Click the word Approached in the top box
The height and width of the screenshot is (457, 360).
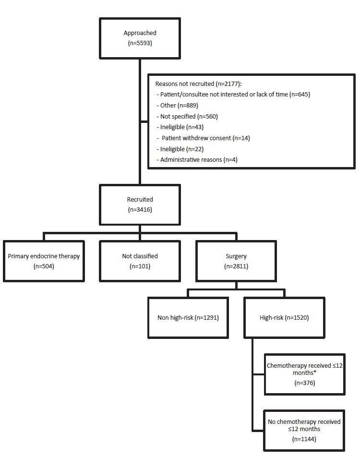point(140,33)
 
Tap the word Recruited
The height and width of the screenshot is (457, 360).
point(140,199)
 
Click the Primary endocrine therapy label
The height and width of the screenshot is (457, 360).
point(44,256)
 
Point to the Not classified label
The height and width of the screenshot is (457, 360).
point(140,256)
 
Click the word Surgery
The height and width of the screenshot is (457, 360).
point(236,256)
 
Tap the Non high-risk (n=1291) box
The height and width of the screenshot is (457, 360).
point(188,317)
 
